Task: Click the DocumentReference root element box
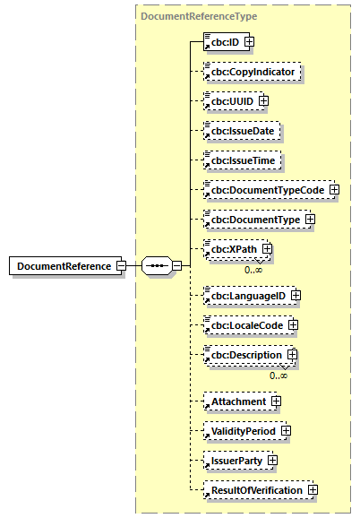(62, 266)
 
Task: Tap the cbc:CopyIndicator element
(253, 71)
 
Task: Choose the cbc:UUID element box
(231, 100)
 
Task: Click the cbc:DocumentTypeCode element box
(265, 190)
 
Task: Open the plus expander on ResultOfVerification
(313, 490)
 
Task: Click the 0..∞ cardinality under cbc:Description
(279, 376)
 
